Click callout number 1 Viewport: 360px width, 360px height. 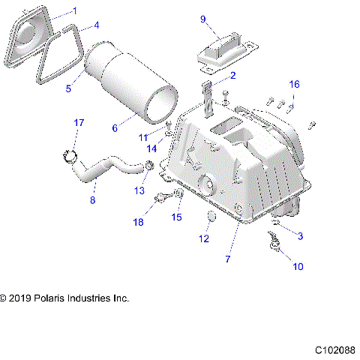click(73, 10)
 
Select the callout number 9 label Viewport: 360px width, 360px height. click(203, 19)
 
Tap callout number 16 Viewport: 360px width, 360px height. click(295, 83)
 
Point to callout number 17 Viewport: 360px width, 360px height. click(78, 122)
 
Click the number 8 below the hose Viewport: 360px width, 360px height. click(92, 200)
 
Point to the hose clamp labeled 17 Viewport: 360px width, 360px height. click(72, 154)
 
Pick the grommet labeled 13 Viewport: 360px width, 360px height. click(148, 166)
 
